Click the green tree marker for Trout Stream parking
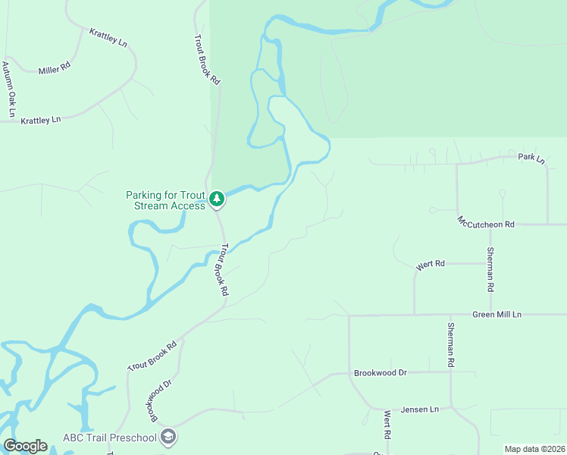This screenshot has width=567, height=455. [x=218, y=199]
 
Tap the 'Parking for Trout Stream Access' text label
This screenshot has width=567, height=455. [x=165, y=200]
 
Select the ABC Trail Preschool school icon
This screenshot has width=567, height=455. [x=168, y=437]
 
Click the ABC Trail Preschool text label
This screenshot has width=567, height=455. [x=109, y=438]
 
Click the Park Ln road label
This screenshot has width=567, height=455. [x=531, y=158]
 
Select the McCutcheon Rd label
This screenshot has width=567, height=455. [x=486, y=223]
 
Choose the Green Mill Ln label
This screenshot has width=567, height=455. [x=497, y=314]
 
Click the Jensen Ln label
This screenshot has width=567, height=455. [x=420, y=409]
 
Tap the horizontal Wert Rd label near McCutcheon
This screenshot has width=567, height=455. [x=429, y=265]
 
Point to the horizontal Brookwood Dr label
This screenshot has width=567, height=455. [x=381, y=373]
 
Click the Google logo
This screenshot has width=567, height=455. [x=25, y=446]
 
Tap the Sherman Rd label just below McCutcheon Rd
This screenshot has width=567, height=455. [x=491, y=270]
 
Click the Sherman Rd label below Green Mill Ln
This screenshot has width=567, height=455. [x=450, y=345]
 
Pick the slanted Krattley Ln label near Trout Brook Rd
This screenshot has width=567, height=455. [x=108, y=37]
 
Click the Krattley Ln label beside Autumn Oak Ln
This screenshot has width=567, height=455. [x=40, y=121]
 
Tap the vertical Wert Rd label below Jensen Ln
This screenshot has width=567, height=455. [x=387, y=425]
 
